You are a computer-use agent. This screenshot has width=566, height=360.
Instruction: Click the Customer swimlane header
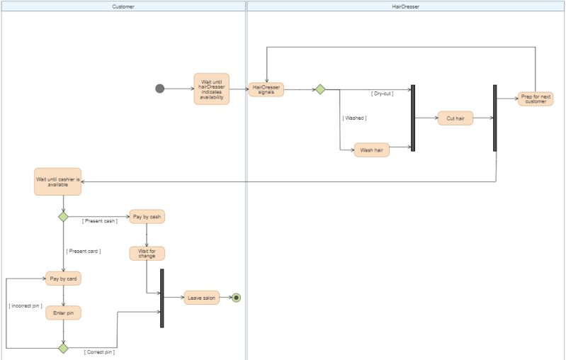click(x=123, y=6)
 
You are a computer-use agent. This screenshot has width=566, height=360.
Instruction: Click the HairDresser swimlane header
click(x=405, y=6)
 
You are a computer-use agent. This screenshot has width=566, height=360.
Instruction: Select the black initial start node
click(x=159, y=89)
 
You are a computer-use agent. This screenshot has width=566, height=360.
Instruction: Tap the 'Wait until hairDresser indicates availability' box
click(x=211, y=89)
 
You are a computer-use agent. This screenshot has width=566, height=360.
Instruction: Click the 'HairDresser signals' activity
click(x=266, y=89)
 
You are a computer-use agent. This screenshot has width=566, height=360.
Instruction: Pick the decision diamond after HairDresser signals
click(x=320, y=89)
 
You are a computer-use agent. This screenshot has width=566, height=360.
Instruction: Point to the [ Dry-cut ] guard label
click(x=382, y=93)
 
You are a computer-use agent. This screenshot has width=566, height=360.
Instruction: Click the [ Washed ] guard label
click(x=354, y=118)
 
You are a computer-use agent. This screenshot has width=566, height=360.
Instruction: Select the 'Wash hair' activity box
click(x=372, y=150)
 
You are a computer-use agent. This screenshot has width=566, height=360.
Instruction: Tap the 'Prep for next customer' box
click(x=536, y=99)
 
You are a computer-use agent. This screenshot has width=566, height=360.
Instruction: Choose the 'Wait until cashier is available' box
click(x=58, y=181)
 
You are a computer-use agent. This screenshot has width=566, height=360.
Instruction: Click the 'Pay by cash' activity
click(x=147, y=216)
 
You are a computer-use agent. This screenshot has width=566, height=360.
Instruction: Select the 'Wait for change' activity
click(x=147, y=253)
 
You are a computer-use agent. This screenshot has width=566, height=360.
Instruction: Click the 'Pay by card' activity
click(x=63, y=279)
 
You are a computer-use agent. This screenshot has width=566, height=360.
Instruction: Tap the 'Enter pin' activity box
click(x=63, y=313)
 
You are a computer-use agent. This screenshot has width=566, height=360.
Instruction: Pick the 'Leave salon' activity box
click(x=202, y=298)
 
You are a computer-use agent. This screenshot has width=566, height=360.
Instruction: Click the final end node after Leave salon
click(x=236, y=298)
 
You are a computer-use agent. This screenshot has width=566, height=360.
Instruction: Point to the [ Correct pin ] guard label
click(x=99, y=351)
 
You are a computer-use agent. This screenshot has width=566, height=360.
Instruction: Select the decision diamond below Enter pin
click(x=63, y=348)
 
